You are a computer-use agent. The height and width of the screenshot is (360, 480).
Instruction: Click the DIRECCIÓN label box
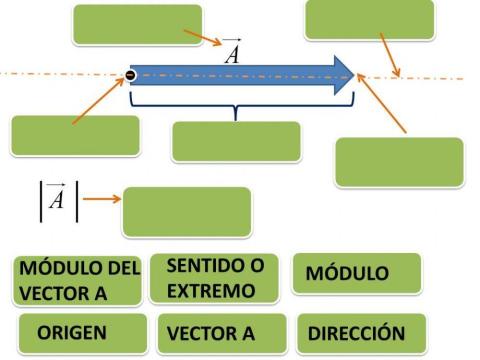point(356,333)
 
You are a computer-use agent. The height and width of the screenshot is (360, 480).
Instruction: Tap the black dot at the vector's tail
point(131,75)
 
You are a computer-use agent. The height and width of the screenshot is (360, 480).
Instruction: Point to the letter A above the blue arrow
point(232,51)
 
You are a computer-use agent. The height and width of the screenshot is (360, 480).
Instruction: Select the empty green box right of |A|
point(186,211)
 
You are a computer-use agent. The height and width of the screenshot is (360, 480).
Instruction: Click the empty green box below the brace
point(235,141)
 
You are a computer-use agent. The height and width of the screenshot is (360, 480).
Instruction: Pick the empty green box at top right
point(369,19)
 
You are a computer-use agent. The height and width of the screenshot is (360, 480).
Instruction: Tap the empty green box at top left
point(137,24)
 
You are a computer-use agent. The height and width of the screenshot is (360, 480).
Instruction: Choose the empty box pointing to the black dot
point(75,135)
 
